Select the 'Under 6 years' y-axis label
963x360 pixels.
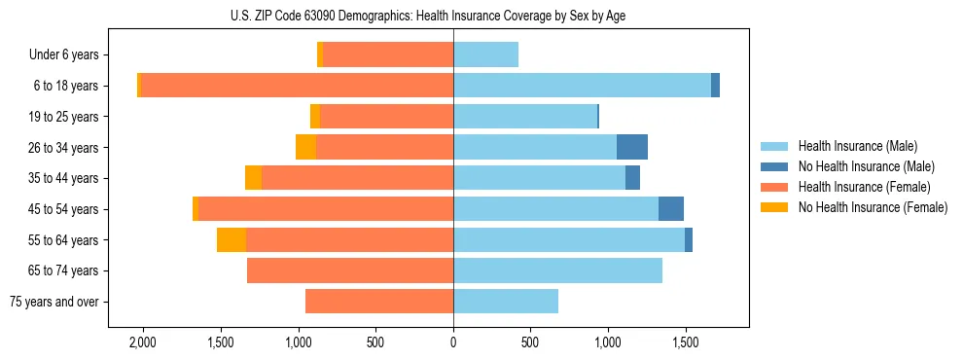(70, 55)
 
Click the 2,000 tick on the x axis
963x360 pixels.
(143, 343)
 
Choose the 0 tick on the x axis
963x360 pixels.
(453, 343)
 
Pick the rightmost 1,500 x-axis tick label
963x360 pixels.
(685, 343)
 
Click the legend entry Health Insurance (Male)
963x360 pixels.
(857, 146)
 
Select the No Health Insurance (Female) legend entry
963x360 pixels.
(873, 207)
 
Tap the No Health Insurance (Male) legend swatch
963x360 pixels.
(774, 166)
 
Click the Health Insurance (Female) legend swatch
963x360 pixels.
(774, 187)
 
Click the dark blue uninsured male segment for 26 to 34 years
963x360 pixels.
(632, 147)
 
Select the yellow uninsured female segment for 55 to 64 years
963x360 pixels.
(232, 240)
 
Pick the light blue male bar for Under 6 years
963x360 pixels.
(485, 55)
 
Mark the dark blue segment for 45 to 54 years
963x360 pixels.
(671, 209)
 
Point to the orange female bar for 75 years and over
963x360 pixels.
(379, 302)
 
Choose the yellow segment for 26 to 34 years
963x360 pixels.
(305, 147)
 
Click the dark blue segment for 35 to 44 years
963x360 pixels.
(632, 178)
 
